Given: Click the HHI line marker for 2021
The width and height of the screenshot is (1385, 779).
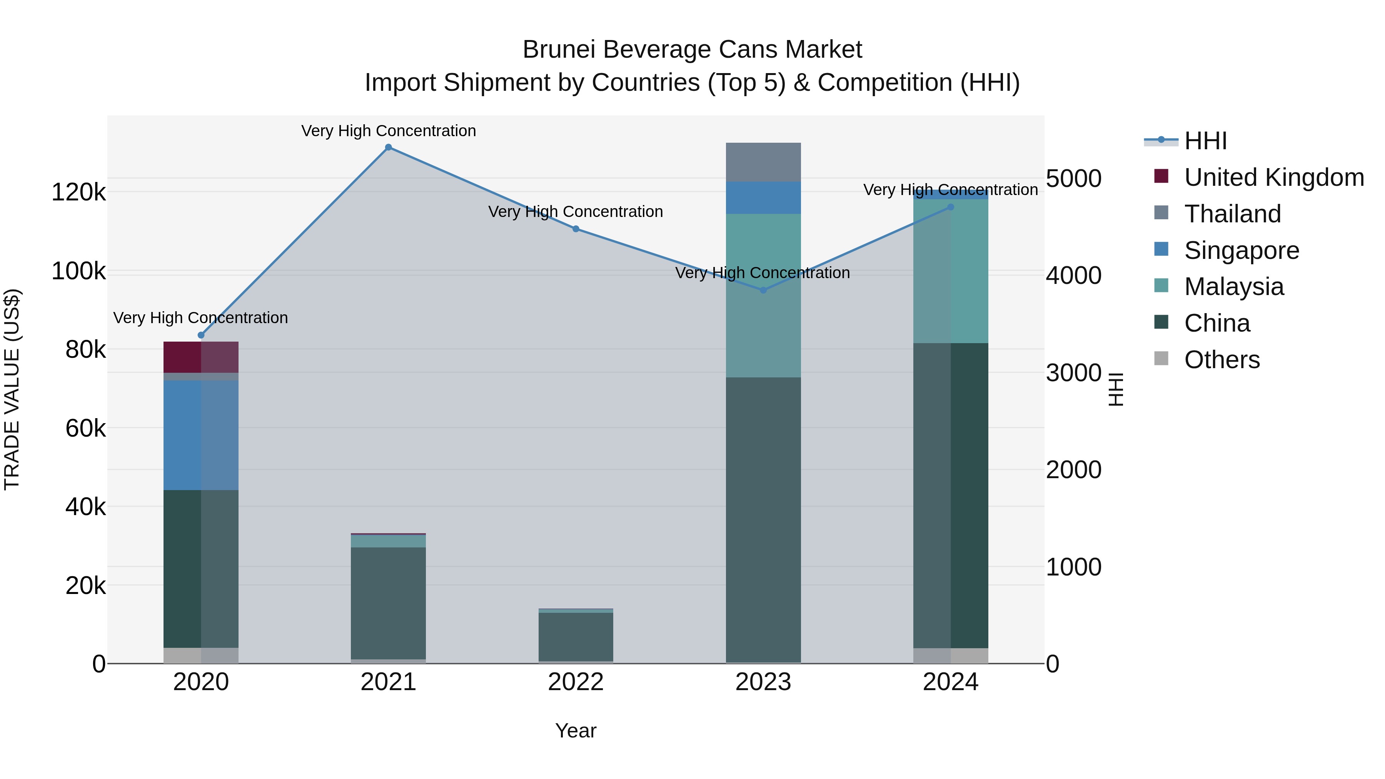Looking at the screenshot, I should pyautogui.click(x=388, y=147).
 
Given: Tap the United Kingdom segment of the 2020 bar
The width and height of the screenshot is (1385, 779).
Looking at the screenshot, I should pyautogui.click(x=200, y=357).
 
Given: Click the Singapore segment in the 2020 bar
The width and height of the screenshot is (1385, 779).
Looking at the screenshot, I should pyautogui.click(x=200, y=435).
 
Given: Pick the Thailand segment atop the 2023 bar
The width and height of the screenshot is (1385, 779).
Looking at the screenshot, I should pyautogui.click(x=763, y=162).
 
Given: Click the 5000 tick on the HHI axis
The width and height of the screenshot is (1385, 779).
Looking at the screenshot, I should pyautogui.click(x=1073, y=178).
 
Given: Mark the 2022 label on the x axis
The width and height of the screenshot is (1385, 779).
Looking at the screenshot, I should pyautogui.click(x=575, y=682).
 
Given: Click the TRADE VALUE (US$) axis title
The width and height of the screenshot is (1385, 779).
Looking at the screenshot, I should pyautogui.click(x=12, y=389).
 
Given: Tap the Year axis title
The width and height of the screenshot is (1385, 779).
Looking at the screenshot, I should pyautogui.click(x=575, y=731).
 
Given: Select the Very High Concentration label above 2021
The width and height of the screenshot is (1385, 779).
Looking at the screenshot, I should pyautogui.click(x=388, y=131).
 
